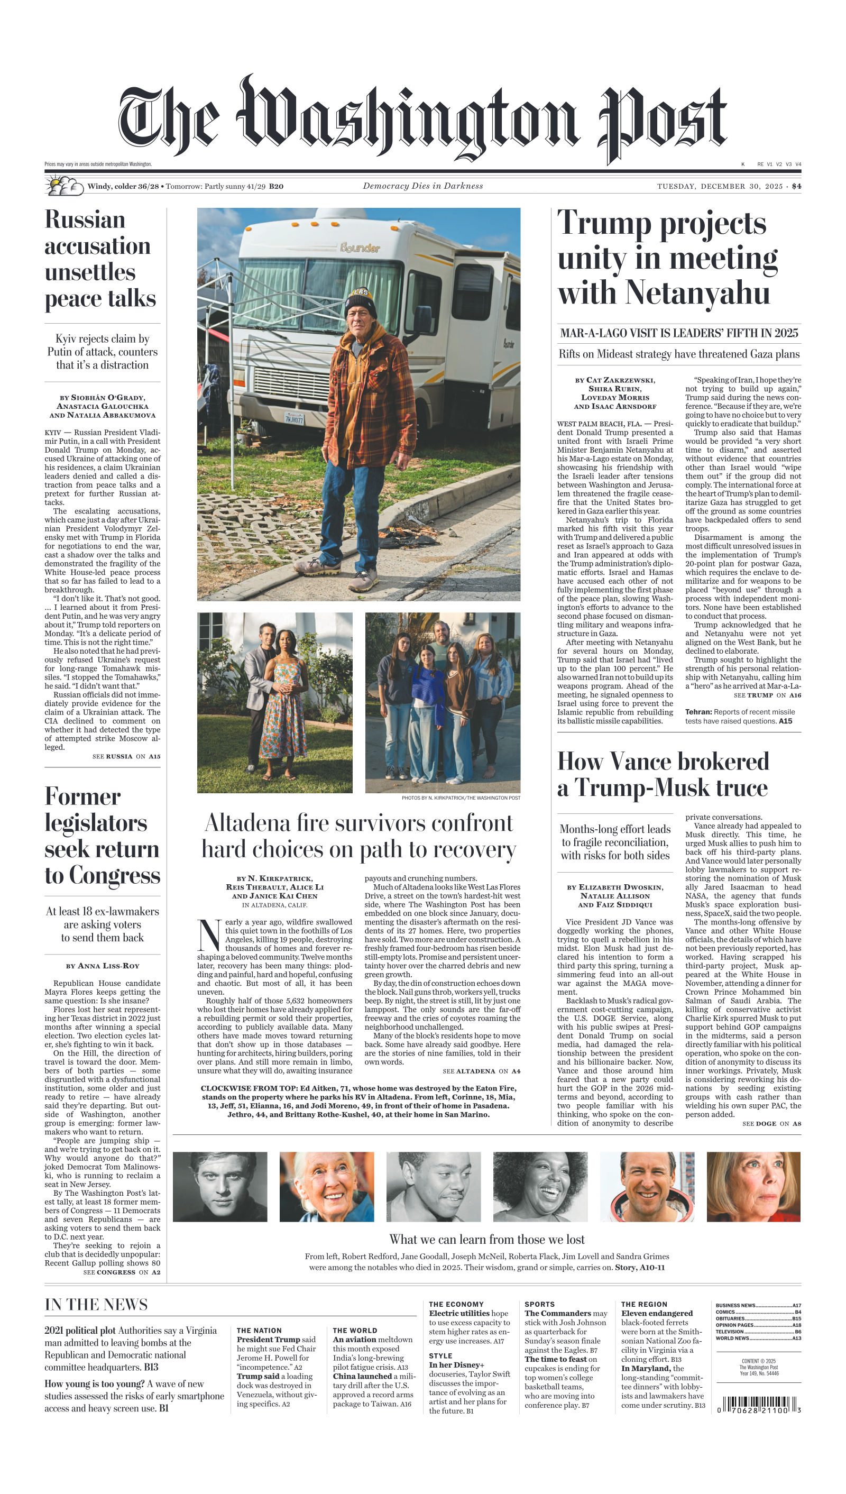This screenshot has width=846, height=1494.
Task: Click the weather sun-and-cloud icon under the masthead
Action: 64,186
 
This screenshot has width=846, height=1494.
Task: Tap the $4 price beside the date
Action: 796,187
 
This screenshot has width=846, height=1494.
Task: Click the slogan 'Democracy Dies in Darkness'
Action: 422,186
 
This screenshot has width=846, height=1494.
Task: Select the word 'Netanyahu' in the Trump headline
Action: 697,292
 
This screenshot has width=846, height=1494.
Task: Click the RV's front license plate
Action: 294,418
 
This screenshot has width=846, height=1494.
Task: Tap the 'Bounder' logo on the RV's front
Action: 360,248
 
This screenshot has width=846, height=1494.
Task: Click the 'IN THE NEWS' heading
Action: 96,1305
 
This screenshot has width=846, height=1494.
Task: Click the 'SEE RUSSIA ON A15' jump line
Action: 126,757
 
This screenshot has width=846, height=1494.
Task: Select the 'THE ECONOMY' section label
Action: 456,1305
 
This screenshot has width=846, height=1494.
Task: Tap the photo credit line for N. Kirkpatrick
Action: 461,798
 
